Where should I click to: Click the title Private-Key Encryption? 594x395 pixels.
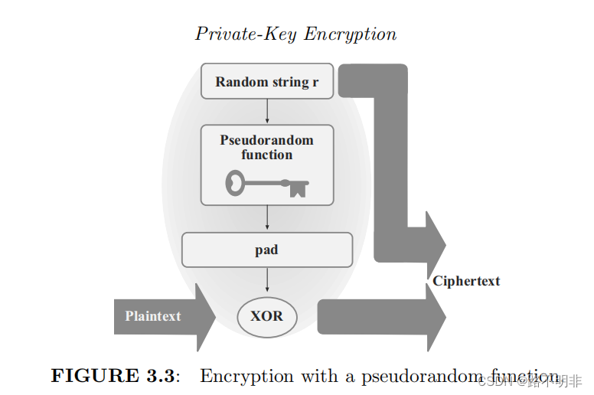[x=295, y=34]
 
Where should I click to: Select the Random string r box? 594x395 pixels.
[x=266, y=82]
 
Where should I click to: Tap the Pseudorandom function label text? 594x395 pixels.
[x=266, y=147]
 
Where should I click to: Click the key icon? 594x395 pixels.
[x=266, y=184]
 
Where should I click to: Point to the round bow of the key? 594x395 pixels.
[x=237, y=183]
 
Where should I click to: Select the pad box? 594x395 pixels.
[x=266, y=250]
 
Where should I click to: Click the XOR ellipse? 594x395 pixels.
[x=266, y=315]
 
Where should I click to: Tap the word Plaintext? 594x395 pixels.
[x=153, y=315]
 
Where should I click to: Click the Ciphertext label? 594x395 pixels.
[x=466, y=281]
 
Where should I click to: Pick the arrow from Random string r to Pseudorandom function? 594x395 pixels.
[x=266, y=112]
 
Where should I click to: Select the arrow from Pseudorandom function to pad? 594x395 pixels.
[x=266, y=218]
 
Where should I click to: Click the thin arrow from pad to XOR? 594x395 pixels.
[x=266, y=279]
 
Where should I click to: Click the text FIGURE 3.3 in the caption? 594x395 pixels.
[x=114, y=375]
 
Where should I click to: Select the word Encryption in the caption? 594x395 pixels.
[x=247, y=375]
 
